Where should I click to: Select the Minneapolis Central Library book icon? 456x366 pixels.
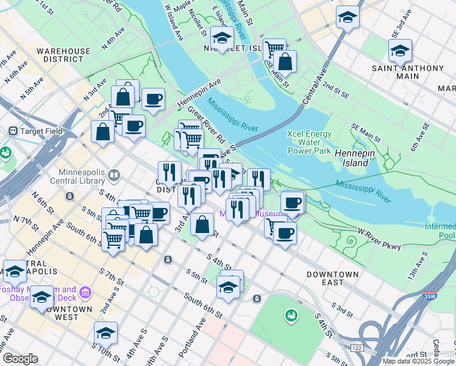click(113, 176)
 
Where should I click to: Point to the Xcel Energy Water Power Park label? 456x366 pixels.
click(309, 142)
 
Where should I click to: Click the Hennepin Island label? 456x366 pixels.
click(352, 159)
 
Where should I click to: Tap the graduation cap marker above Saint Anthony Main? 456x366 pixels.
click(400, 51)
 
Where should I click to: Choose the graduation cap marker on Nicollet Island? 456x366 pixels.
click(222, 38)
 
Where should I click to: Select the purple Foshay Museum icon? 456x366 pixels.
click(85, 294)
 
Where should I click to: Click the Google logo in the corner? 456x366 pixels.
click(20, 359)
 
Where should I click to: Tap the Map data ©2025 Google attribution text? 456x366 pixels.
click(419, 361)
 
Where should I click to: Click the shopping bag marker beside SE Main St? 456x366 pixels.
click(285, 62)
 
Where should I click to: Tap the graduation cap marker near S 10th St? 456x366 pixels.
click(105, 333)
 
